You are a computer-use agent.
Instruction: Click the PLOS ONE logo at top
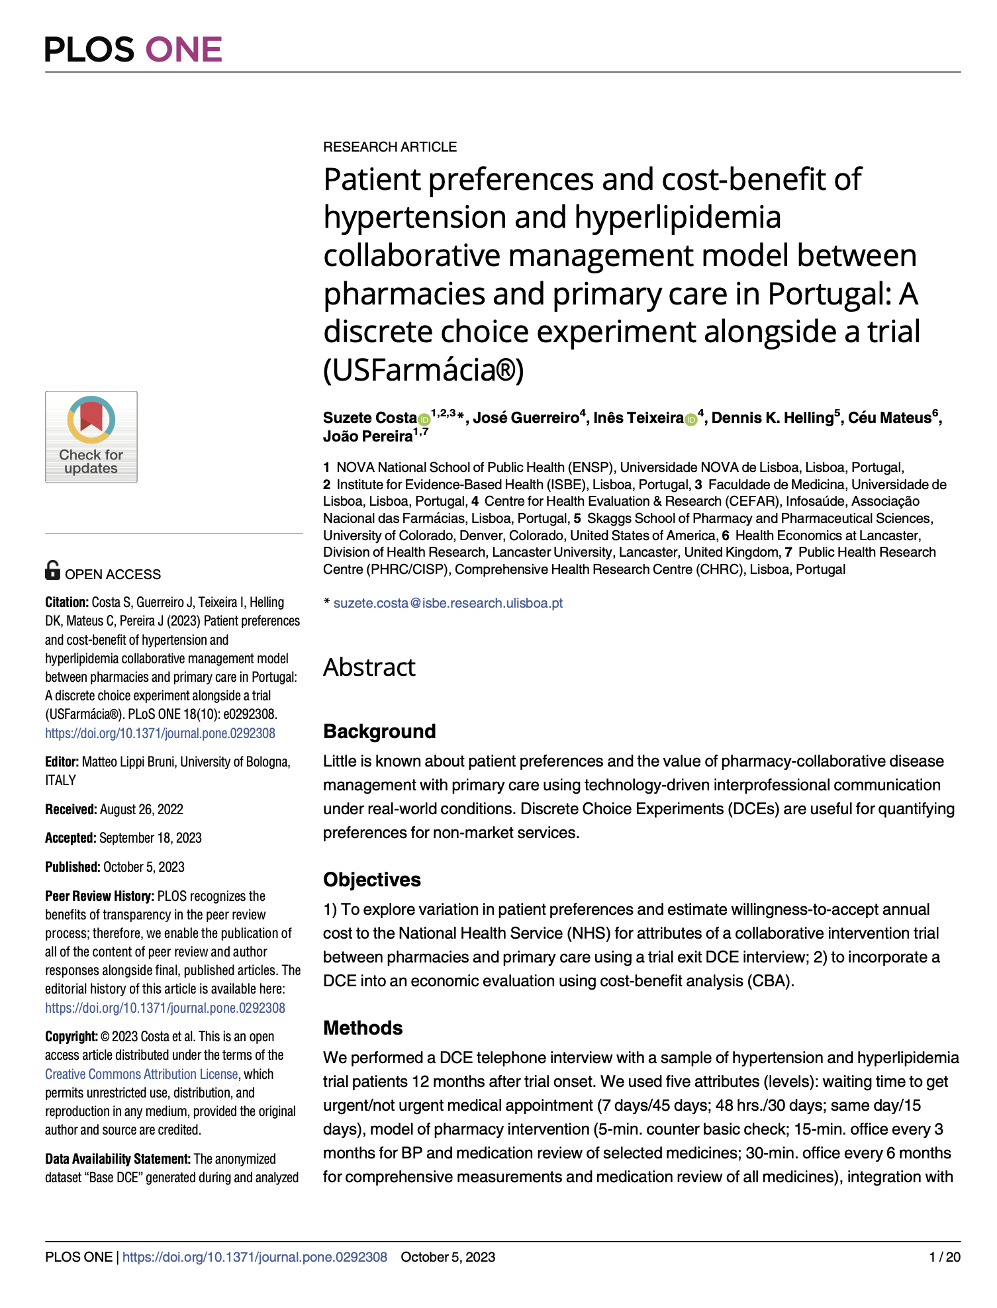coord(134,50)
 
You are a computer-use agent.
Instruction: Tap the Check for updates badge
coord(91,437)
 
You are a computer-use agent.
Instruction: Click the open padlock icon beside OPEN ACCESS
coord(52,570)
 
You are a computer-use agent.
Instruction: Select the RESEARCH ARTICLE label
coord(390,147)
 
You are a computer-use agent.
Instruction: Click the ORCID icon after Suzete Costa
coord(424,419)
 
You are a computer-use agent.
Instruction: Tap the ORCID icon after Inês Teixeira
coord(691,419)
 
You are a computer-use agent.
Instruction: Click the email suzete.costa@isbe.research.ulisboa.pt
coord(448,603)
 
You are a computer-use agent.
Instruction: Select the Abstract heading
coord(369,667)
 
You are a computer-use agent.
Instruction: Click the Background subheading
coord(379,731)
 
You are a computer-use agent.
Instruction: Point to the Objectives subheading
coord(372,880)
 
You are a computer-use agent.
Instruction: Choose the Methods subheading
coord(363,1028)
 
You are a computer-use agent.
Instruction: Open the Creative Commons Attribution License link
coord(141,1074)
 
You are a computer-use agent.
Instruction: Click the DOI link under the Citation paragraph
coord(160,733)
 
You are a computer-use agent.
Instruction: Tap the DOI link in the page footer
coord(255,1258)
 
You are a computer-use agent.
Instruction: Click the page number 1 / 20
coord(945,1258)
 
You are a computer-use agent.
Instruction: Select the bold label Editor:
coord(62,763)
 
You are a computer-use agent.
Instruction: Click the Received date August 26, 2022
coord(141,810)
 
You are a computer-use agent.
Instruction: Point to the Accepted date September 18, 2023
coord(150,838)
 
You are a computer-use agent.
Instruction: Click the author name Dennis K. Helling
coord(772,418)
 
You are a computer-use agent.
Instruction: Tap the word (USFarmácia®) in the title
coord(424,370)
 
